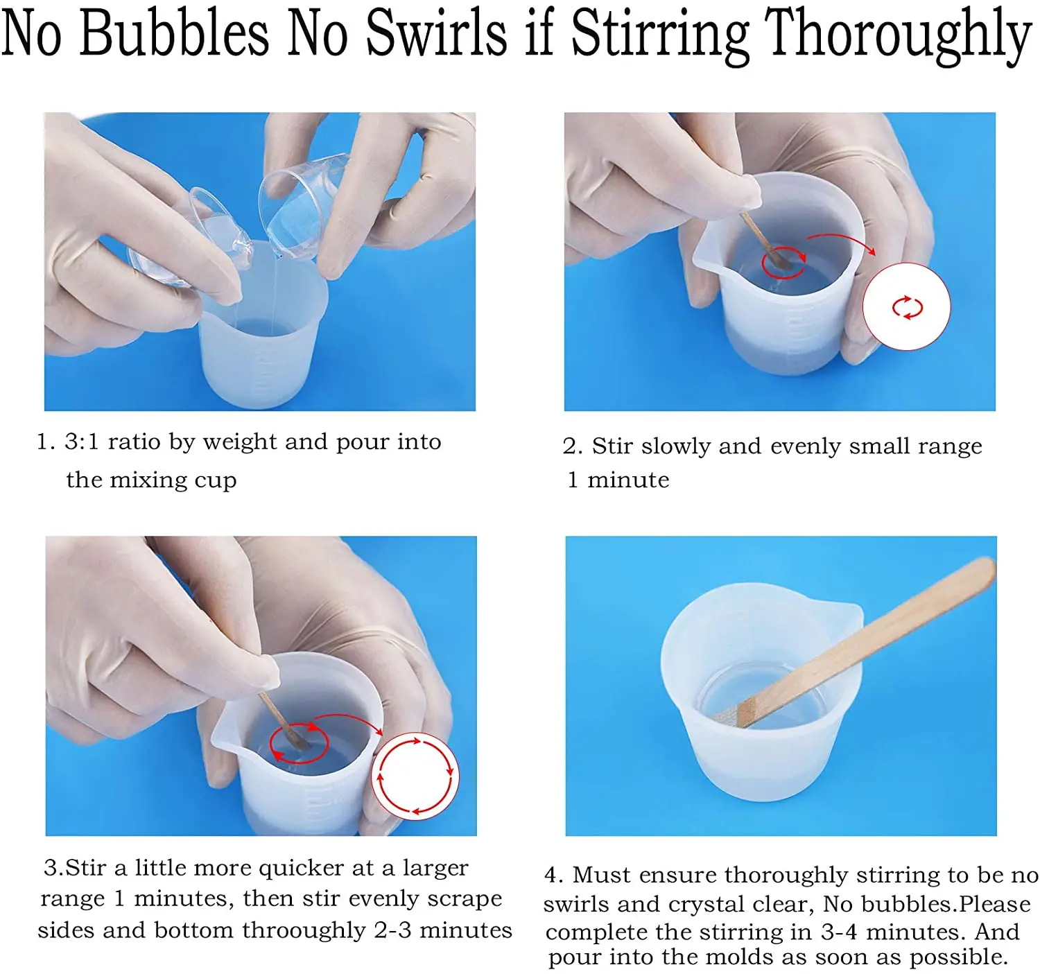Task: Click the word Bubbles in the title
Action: tap(175, 33)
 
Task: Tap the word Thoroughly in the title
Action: tap(898, 37)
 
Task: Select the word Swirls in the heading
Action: tap(436, 33)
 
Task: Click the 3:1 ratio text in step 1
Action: tap(112, 442)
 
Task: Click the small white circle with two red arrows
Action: tap(906, 307)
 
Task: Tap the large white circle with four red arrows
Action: tap(415, 776)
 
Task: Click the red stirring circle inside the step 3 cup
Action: tap(299, 742)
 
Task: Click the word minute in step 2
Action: tap(628, 480)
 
